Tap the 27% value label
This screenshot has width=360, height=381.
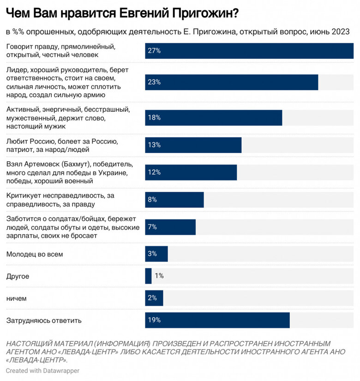click(x=154, y=51)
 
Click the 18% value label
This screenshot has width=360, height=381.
click(x=154, y=118)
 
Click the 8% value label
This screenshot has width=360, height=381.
click(x=152, y=200)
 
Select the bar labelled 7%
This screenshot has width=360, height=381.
click(x=170, y=227)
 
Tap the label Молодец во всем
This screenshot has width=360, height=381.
click(x=34, y=254)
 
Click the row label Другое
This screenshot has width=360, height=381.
click(x=18, y=276)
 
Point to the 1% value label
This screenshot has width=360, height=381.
click(x=159, y=276)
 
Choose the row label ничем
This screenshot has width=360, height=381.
click(x=16, y=298)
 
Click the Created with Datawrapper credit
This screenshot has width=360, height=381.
click(x=42, y=370)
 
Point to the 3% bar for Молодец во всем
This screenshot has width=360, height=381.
click(x=156, y=254)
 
